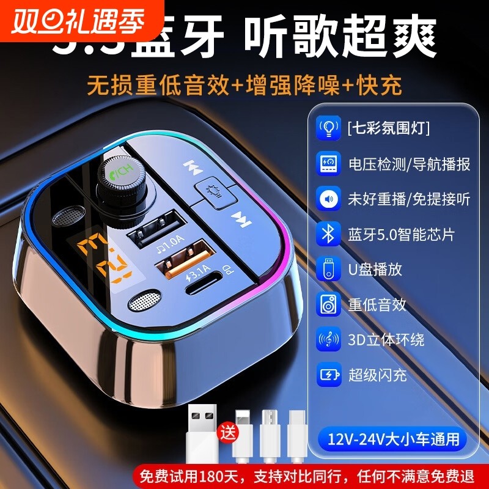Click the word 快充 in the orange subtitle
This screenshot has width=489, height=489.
(x=384, y=86)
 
